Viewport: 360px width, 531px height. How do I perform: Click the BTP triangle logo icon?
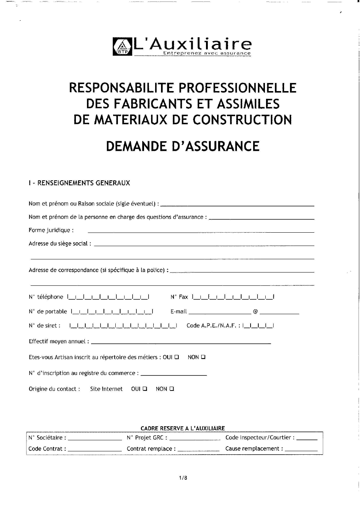coord(123,47)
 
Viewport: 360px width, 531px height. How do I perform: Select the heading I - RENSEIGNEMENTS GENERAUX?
coord(79,183)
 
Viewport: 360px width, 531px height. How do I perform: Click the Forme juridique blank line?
coord(201,232)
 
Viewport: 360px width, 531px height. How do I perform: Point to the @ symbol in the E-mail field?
coord(255,312)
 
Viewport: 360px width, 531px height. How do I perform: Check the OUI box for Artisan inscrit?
coord(177,357)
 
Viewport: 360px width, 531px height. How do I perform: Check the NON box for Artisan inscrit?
coord(203,357)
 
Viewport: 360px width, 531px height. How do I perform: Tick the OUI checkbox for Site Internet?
coord(145,389)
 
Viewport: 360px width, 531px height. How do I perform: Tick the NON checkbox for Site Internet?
coord(172,389)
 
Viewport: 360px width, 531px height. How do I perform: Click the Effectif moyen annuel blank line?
coord(181,343)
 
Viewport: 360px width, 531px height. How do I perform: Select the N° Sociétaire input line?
coord(95,440)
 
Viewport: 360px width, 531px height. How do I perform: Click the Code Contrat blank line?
coord(95,451)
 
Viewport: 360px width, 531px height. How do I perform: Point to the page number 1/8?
coord(183,478)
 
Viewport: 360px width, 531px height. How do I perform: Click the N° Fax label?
coord(179,297)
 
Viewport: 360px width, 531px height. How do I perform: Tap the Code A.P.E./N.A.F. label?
coord(213,326)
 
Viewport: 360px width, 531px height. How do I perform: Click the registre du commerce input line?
coord(174,375)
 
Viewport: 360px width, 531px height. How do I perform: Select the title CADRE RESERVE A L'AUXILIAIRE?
coord(183,428)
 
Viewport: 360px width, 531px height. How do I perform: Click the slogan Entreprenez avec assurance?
coord(207,53)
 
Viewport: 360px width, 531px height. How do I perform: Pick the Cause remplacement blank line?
coord(301,451)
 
